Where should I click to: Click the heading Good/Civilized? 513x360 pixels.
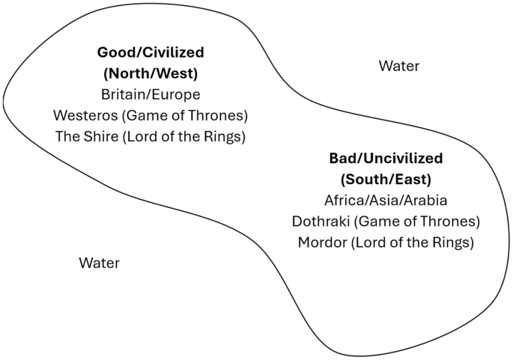(x=151, y=53)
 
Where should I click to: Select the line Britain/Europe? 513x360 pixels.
(x=151, y=95)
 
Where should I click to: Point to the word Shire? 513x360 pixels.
(x=97, y=137)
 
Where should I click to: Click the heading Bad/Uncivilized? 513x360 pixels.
(x=386, y=159)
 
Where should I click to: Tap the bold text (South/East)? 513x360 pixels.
(x=386, y=180)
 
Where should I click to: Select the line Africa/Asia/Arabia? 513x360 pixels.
(x=386, y=201)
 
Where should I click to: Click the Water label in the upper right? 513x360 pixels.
(x=399, y=67)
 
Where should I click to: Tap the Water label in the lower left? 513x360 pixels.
(x=99, y=263)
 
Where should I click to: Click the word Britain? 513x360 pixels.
(x=123, y=95)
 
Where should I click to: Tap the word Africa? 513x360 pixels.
(x=343, y=201)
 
